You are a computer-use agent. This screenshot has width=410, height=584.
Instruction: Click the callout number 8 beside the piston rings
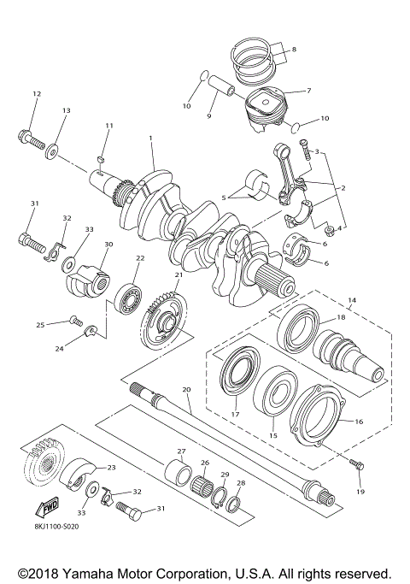(x=294, y=50)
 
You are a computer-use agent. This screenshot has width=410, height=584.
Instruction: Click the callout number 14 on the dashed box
(x=350, y=301)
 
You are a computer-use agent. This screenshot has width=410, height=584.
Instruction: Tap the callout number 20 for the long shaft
(x=187, y=389)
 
